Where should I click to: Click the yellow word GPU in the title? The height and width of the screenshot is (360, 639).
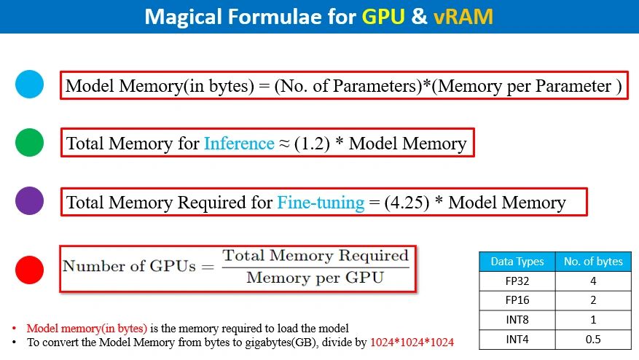coord(383,17)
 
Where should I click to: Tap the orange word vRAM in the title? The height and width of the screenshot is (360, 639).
coord(463,17)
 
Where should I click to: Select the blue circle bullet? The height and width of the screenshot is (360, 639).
coord(29,85)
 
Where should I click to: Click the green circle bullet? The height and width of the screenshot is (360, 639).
coord(29,142)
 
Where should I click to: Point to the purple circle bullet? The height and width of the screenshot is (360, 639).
coord(29,200)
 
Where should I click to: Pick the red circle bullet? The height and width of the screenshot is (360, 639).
coord(29,270)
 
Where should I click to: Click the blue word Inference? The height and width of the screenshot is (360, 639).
coord(239,144)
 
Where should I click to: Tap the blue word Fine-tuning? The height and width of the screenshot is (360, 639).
coord(321,203)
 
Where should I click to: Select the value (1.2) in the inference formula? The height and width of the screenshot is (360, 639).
coord(312,144)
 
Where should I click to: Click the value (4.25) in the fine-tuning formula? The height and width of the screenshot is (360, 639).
coord(407,203)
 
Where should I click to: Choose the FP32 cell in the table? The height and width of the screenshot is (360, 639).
coord(517,281)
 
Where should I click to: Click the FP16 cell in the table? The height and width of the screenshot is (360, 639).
coord(517,300)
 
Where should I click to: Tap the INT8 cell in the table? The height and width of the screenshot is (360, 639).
coord(517,320)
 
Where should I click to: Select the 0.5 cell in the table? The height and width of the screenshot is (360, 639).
coord(593,339)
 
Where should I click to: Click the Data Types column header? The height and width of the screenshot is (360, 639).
coord(517,262)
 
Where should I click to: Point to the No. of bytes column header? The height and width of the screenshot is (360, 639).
coord(593,262)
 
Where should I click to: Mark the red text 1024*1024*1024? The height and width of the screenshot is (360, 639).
coord(412,342)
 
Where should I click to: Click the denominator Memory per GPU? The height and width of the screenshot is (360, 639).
coord(315,278)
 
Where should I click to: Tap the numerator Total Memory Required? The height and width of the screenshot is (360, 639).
coord(315,256)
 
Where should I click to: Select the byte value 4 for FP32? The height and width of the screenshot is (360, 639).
coord(593,281)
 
